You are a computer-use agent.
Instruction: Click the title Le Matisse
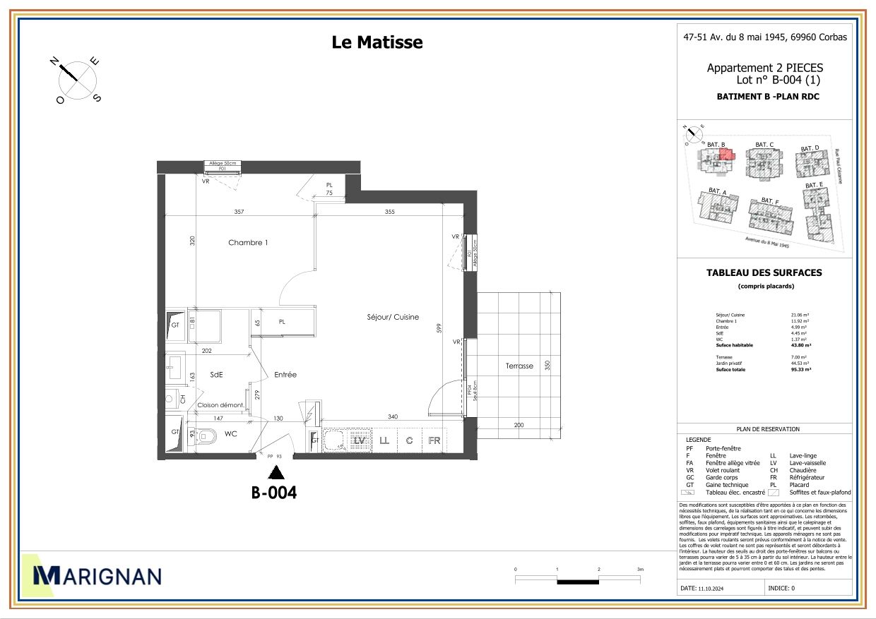click(377, 42)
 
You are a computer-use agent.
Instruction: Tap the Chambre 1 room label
click(248, 243)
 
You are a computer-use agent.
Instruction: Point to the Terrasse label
click(519, 366)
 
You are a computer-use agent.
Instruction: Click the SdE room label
click(216, 375)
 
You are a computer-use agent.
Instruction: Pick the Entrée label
click(285, 375)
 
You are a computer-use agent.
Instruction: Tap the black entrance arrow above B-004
click(276, 472)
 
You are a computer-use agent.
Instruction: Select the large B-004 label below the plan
click(274, 493)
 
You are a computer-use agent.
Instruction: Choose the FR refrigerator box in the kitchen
click(434, 440)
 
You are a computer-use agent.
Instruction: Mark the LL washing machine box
click(384, 440)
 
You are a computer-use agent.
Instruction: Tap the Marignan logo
click(97, 575)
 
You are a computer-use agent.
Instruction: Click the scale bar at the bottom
click(578, 580)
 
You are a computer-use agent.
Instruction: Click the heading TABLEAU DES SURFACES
click(764, 272)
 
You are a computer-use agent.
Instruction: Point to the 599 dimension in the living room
click(439, 328)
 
